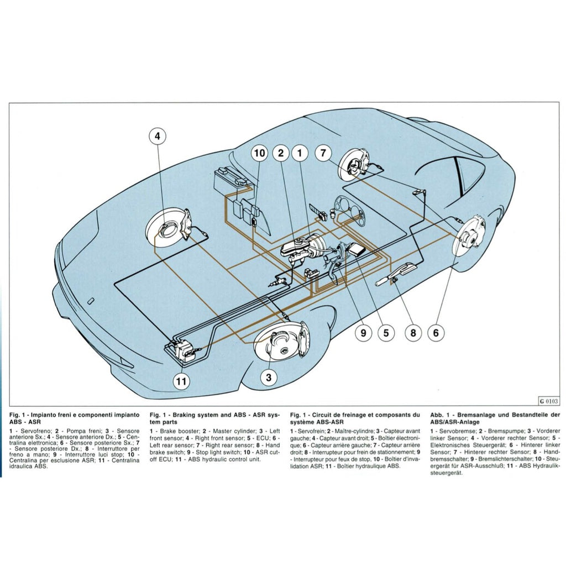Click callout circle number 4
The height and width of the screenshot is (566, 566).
coord(157,135)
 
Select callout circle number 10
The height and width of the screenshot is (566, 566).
coord(259,153)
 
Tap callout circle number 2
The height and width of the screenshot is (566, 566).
coord(281,153)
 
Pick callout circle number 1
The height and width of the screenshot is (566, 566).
coord(300,153)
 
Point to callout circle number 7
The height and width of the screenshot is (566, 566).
coord(324,153)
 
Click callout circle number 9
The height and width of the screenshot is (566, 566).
coord(364,333)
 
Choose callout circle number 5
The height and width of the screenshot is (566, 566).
coord(386,333)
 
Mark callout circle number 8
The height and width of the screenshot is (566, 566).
coord(413,333)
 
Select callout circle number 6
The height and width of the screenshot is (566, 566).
coord(436,333)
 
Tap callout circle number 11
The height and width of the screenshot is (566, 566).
coord(181,380)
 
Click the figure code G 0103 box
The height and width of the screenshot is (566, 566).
coord(548,401)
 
